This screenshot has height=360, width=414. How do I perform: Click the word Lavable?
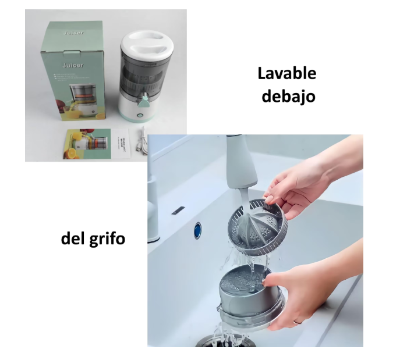coord(287,74)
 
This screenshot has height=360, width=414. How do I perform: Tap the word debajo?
coord(288,95)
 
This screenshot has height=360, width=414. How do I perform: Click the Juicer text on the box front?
coord(74,66)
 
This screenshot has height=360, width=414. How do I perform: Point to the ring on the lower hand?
coord(298,321)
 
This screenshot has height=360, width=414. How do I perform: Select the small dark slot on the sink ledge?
coord(176,209)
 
